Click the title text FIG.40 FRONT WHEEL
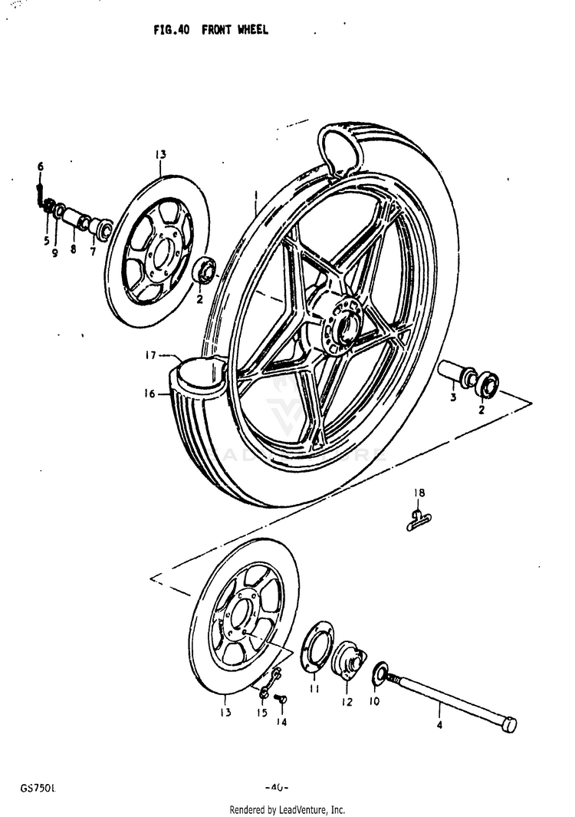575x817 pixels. point(211,31)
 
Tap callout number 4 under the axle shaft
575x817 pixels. point(439,723)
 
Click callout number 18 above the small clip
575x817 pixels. point(419,493)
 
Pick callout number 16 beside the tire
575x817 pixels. point(149,394)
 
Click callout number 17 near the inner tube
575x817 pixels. point(151,355)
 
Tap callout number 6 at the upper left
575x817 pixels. point(41,166)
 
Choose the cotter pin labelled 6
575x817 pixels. point(39,192)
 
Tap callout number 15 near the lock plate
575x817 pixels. point(261,713)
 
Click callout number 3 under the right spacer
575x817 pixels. point(452,398)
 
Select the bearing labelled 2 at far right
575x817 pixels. point(486,384)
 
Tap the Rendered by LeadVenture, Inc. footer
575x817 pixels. point(287,809)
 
